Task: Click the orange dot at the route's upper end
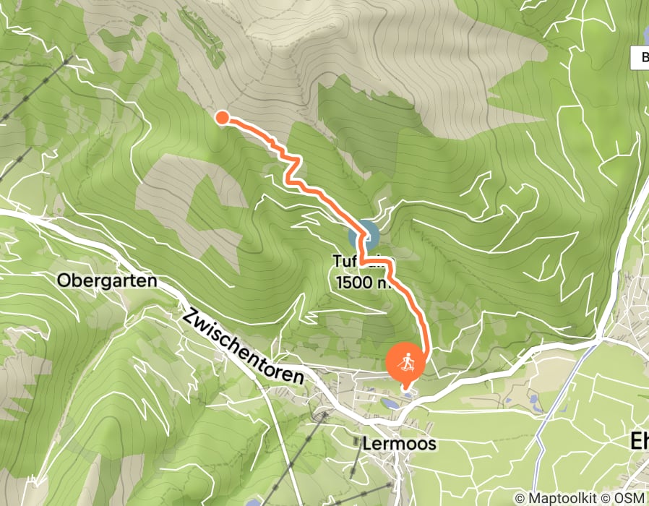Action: [223, 117]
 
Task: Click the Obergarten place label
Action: [106, 280]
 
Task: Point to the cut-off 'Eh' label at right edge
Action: [639, 441]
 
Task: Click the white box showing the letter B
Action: [640, 58]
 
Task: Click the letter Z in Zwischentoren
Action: [190, 317]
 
